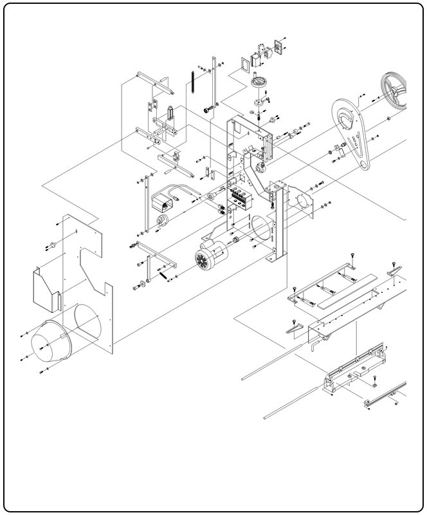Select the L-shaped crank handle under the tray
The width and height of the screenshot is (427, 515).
pos(314,346)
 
